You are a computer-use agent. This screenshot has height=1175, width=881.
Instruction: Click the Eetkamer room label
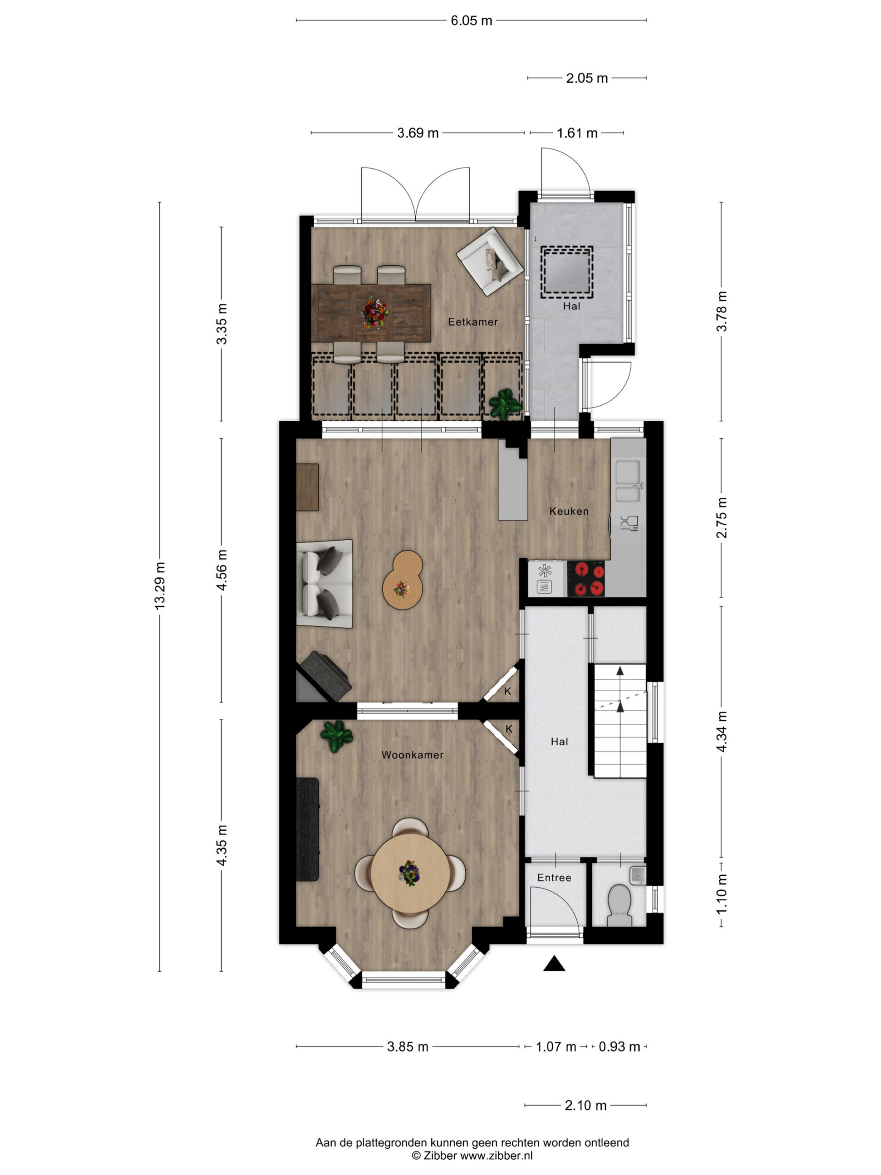(472, 321)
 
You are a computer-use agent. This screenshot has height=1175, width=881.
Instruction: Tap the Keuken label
(569, 511)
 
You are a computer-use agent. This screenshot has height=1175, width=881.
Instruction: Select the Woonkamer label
(412, 755)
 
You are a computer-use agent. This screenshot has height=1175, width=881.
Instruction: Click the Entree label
(554, 878)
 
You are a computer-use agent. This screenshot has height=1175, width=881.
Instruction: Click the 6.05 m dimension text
(471, 20)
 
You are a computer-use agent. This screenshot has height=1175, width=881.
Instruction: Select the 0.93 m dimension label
(619, 1047)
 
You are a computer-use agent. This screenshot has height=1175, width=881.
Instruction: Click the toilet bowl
(619, 905)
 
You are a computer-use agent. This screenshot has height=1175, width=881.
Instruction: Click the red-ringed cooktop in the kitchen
(586, 578)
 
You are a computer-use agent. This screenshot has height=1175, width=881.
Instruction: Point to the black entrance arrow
(554, 963)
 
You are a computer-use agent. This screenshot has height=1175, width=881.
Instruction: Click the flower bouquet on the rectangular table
(375, 313)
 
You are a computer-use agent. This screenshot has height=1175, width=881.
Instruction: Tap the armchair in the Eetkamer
(490, 261)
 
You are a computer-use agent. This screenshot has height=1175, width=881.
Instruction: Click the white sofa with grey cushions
(324, 584)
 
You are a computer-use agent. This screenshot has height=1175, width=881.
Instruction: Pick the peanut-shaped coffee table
(402, 580)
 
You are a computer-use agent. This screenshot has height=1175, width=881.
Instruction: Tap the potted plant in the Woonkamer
(336, 736)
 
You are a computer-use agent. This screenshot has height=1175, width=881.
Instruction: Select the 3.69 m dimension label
(418, 133)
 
